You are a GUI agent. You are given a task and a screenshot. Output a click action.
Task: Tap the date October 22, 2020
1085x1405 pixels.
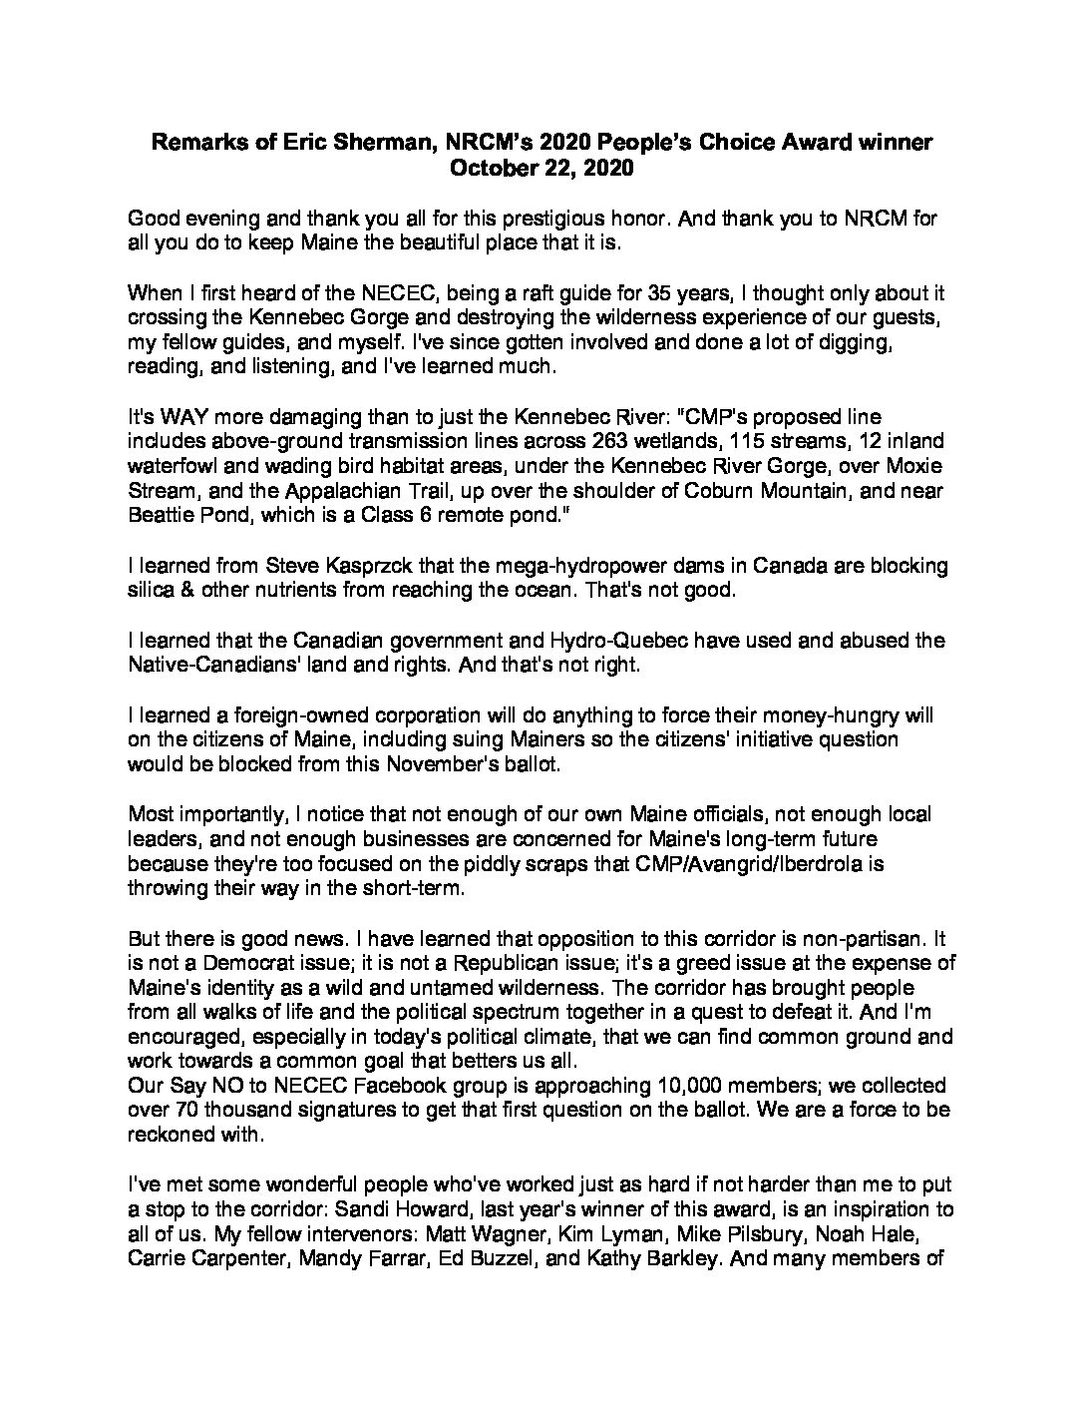(542, 169)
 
